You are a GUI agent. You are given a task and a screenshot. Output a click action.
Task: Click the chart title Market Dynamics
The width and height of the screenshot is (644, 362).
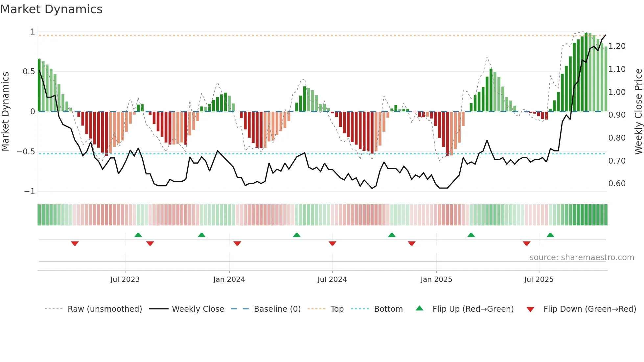pos(52,9)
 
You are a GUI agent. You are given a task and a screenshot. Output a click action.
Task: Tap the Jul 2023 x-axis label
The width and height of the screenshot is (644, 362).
pos(125,280)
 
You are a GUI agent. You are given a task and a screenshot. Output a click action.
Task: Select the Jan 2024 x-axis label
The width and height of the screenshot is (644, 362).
pos(229,280)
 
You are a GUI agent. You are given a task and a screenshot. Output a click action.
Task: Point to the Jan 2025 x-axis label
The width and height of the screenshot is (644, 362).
pos(436,280)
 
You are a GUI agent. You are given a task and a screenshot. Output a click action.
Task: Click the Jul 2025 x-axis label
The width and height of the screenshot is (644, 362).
pos(539,280)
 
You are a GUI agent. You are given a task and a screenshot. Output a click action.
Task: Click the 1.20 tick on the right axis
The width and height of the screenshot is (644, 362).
pos(617,46)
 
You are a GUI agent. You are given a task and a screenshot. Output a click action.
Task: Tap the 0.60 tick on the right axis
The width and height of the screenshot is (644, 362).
pos(617,184)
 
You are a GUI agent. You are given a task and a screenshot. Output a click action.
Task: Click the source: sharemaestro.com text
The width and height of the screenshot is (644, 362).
pos(582,258)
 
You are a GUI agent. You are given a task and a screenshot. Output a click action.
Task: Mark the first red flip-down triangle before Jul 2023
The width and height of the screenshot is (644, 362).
pos(75,243)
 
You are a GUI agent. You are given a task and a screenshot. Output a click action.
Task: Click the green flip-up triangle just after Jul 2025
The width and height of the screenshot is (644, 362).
pos(550,235)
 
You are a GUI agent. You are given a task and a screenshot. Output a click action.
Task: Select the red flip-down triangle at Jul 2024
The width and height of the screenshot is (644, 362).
pos(332,243)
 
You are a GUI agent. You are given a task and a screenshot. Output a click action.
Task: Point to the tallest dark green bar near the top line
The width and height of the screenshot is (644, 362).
pos(586,72)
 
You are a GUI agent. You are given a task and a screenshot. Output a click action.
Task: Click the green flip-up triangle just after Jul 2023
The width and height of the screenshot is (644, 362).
pos(138,235)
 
